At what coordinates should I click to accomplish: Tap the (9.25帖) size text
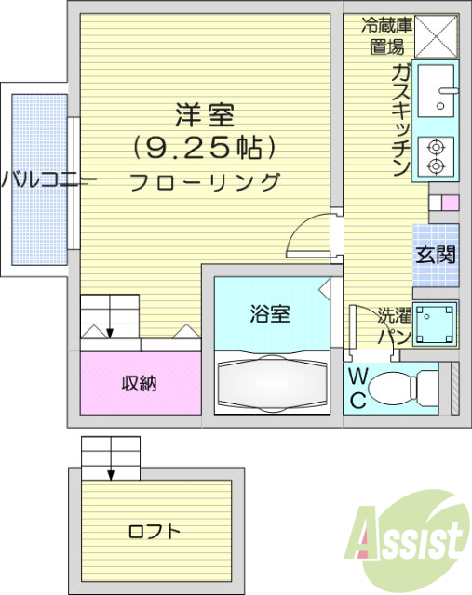[x=206, y=147]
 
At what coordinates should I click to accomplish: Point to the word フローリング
[x=205, y=181]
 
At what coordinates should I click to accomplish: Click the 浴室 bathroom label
[x=269, y=314]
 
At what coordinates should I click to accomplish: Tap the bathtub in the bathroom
[x=271, y=383]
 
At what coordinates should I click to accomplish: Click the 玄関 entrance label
[x=435, y=254]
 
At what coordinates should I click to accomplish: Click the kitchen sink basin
[x=437, y=89]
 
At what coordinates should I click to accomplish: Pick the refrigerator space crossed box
[x=437, y=37]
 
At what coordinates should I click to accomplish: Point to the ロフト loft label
[x=154, y=533]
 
